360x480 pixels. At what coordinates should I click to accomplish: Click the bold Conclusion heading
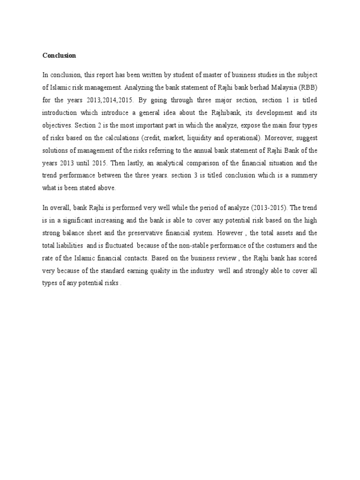coord(59,55)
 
